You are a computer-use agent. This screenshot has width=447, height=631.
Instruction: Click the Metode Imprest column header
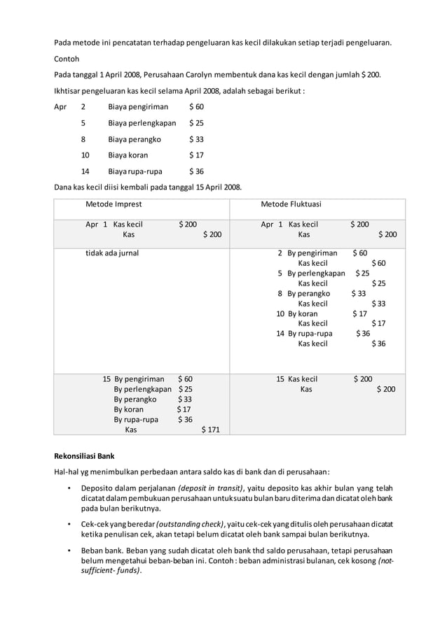[x=114, y=204]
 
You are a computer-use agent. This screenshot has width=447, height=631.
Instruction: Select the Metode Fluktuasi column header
[x=291, y=204]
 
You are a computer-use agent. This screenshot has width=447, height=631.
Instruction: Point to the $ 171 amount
[x=211, y=430]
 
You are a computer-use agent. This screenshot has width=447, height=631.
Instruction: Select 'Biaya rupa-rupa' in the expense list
[x=135, y=171]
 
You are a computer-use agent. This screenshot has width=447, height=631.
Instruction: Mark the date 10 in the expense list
[x=85, y=155]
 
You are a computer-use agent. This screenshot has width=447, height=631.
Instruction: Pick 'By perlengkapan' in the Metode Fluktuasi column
[x=316, y=273]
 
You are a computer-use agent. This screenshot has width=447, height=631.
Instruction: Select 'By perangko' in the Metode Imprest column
[x=135, y=399]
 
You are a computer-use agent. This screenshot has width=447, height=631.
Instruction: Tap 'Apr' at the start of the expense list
[x=61, y=107]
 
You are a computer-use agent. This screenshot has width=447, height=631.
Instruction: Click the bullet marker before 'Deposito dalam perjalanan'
[x=69, y=488]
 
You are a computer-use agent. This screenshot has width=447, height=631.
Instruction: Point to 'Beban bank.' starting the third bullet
[x=102, y=550]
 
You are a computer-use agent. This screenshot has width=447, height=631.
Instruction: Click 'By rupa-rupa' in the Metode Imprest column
[x=136, y=420]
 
